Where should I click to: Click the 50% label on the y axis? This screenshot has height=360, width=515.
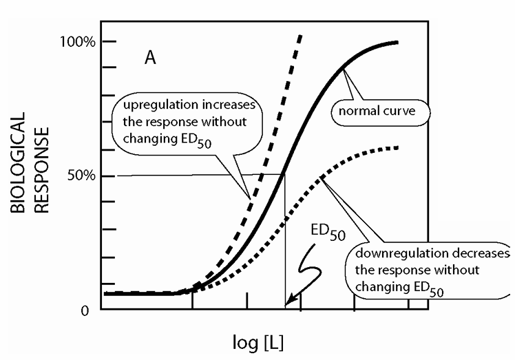coord(75,176)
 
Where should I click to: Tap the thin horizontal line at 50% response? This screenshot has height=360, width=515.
coord(172,175)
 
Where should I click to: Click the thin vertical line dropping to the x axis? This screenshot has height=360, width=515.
coord(284,262)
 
